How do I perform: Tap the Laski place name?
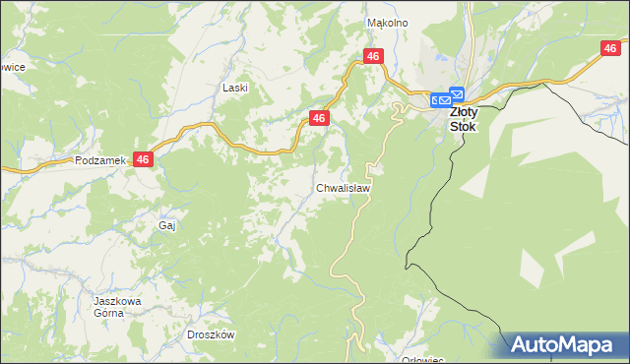coord(235,88)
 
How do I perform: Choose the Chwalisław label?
coord(344,187)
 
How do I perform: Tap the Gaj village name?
coord(166,225)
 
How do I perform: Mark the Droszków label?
coord(211,334)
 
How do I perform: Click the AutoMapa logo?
coord(565,345)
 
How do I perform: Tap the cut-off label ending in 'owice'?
coord(12,66)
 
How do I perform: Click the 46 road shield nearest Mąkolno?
coord(372,57)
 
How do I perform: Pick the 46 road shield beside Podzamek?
coord(144,158)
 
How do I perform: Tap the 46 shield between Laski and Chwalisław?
coord(319,118)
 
